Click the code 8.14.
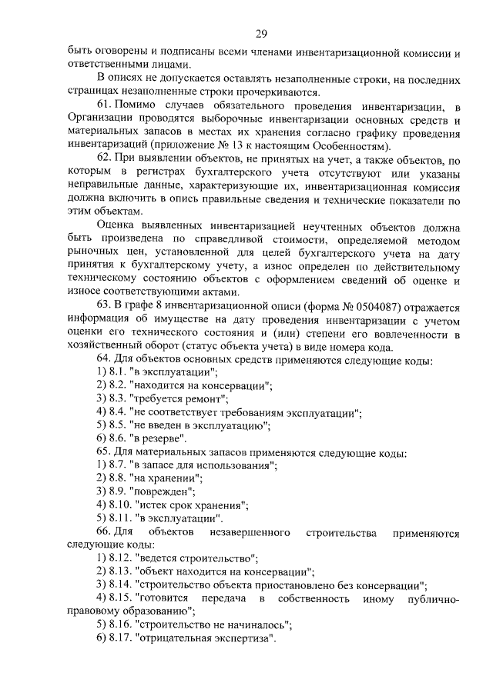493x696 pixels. (x=121, y=584)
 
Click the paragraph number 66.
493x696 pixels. (x=104, y=531)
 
